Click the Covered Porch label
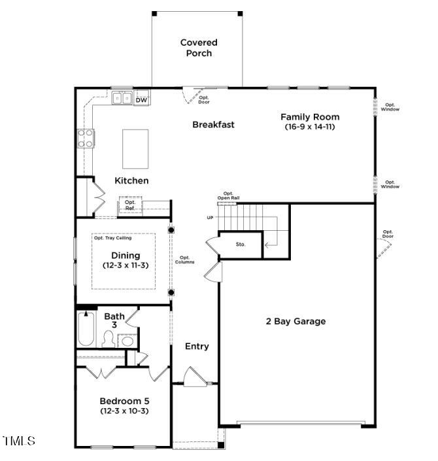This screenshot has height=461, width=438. tap(199, 48)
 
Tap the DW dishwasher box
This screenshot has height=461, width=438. tap(142, 97)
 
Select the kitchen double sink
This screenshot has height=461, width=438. tap(122, 97)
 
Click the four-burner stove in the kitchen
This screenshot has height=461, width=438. tap(86, 138)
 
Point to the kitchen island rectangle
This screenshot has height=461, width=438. tap(135, 149)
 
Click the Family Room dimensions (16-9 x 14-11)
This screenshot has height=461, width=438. tap(310, 127)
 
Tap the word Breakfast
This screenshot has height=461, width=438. tap(213, 124)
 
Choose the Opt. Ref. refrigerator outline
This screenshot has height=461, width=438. tap(130, 205)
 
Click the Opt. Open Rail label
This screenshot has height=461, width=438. tap(228, 196)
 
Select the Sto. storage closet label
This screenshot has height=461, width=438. tap(241, 245)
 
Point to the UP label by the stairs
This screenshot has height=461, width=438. tap(210, 218)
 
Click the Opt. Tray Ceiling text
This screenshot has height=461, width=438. tap(112, 238)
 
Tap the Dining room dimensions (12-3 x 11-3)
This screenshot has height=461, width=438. tap(126, 265)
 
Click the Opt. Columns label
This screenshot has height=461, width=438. tap(184, 260)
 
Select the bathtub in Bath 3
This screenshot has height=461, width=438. tap(86, 329)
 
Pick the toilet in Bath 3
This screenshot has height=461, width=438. tap(109, 339)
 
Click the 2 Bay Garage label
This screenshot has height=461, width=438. tap(295, 321)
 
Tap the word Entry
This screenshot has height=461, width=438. tap(197, 347)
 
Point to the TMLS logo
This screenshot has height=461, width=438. tap(19, 441)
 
